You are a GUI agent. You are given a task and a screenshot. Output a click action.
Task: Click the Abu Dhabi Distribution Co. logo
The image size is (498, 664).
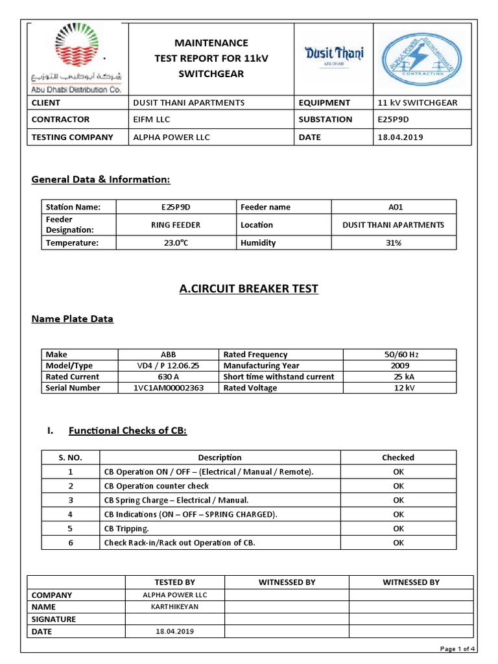click(77, 58)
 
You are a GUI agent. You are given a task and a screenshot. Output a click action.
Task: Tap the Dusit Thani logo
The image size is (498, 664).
click(334, 54)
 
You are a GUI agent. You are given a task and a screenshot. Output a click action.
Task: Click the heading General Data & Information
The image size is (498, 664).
click(101, 180)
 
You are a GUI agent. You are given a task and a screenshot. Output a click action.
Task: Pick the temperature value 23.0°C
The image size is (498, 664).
click(176, 243)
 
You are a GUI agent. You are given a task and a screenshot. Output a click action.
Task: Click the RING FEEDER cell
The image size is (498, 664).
click(176, 225)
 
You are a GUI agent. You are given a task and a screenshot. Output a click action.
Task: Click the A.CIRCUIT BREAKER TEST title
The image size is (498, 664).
click(248, 289)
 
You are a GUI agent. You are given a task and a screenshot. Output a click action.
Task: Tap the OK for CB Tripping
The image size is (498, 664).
click(398, 528)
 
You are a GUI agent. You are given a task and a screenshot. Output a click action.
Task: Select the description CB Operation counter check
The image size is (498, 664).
click(157, 486)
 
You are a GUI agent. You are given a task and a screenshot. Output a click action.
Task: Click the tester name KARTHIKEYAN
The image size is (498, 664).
click(174, 607)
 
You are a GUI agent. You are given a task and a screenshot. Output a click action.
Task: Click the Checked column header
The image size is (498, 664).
click(398, 457)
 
